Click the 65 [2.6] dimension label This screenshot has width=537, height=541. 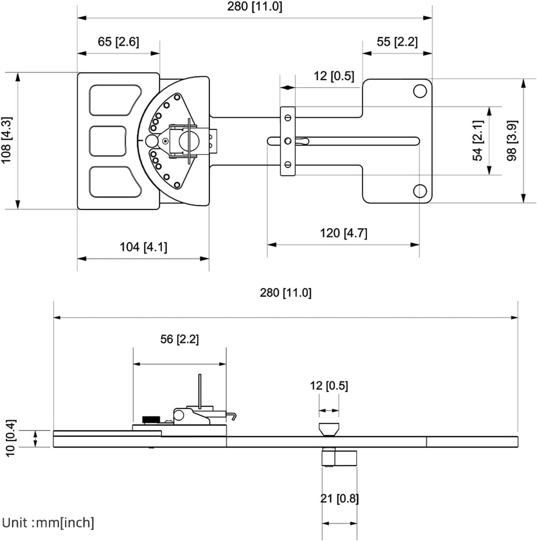(x=118, y=42)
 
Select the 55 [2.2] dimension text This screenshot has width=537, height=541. (x=397, y=42)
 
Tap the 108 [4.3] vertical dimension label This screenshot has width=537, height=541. (x=7, y=140)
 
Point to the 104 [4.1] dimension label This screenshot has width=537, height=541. (x=143, y=247)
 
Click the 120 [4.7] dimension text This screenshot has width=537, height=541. (x=343, y=233)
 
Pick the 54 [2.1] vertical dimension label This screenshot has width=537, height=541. (x=478, y=141)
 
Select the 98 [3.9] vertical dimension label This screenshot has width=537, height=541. (x=512, y=141)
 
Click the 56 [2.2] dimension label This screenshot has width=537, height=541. (x=180, y=339)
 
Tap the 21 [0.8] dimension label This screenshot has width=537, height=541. (x=340, y=498)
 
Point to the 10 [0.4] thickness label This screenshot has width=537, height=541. (x=10, y=438)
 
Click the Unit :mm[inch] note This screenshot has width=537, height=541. (x=48, y=523)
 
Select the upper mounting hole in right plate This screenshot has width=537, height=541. (x=420, y=91)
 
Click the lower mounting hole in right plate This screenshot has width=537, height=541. (x=420, y=191)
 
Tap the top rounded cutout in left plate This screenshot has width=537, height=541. (x=114, y=100)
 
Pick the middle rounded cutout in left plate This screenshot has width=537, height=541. (x=108, y=141)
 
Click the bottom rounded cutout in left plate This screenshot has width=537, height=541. (x=114, y=182)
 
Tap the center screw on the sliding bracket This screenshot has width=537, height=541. (x=287, y=141)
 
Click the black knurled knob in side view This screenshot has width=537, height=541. (x=151, y=419)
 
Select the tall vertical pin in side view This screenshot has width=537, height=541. (x=200, y=390)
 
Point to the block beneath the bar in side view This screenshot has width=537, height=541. (x=339, y=458)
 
